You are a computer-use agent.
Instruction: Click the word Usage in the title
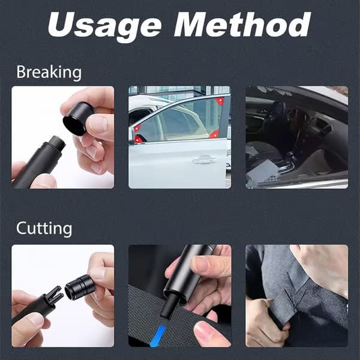click(104, 25)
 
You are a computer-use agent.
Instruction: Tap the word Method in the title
click(242, 24)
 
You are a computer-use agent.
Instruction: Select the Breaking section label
click(49, 73)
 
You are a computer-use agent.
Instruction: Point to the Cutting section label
click(44, 229)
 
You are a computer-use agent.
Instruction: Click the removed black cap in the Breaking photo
click(78, 118)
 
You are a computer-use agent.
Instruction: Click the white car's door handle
click(204, 160)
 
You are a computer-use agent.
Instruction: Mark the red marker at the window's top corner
click(220, 101)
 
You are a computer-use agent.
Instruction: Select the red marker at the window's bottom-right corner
click(214, 134)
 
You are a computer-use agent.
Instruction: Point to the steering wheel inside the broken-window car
click(298, 128)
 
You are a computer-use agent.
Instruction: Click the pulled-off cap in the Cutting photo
click(80, 287)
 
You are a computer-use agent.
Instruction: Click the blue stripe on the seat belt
click(158, 335)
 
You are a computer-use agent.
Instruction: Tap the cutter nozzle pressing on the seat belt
click(169, 307)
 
